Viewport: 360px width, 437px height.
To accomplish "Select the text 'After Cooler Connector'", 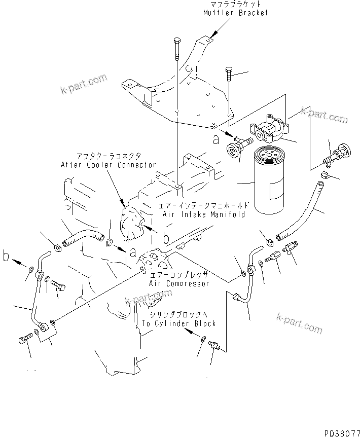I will pyautogui.click(x=108, y=165).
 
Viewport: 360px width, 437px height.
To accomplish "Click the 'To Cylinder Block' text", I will pyautogui.click(x=178, y=323).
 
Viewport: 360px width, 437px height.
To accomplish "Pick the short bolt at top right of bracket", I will pyautogui.click(x=228, y=74).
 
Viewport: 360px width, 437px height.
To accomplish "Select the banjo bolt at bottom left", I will pyautogui.click(x=25, y=339).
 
